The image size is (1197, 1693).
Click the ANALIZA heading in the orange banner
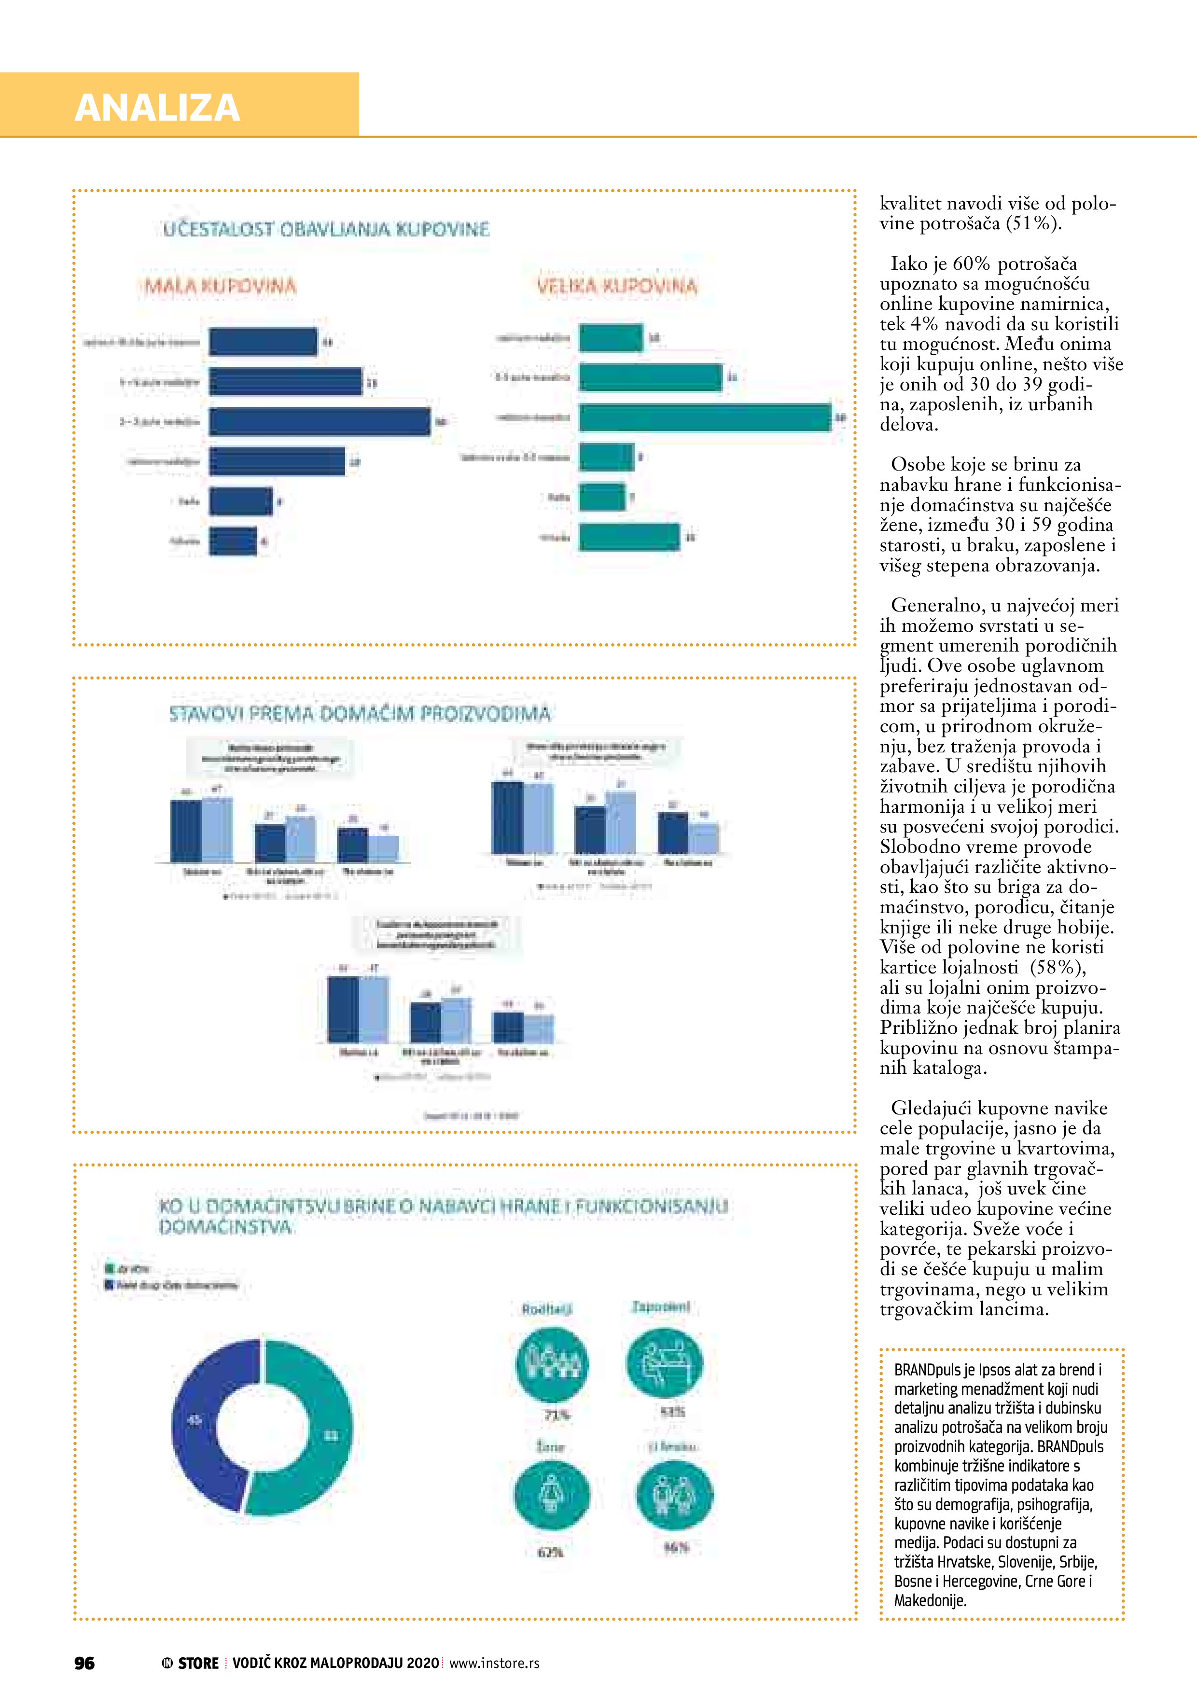tap(157, 108)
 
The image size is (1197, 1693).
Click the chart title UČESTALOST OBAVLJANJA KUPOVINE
tap(326, 229)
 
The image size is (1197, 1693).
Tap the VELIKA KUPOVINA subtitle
tap(616, 286)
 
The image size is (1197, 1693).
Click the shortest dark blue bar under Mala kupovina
tap(232, 541)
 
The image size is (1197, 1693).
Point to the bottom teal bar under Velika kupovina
tap(628, 537)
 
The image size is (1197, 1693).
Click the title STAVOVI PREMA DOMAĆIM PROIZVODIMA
tap(360, 714)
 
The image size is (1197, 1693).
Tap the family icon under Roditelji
tap(552, 1365)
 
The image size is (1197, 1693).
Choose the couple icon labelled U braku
tap(674, 1496)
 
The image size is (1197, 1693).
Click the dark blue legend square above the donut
tap(110, 1285)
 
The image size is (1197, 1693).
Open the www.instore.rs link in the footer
tap(494, 1663)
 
